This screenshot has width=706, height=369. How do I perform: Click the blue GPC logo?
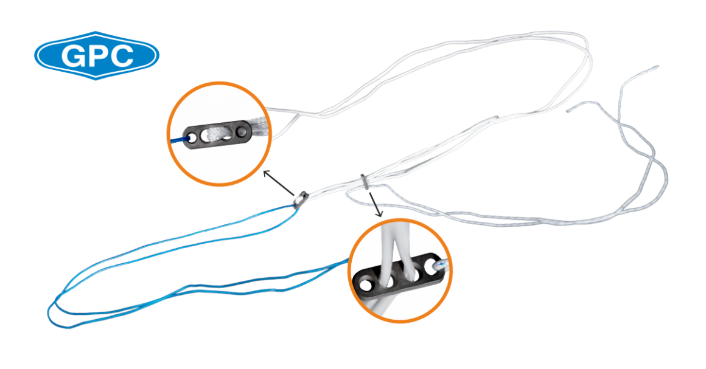click(96, 55)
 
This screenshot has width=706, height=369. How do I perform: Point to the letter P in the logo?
click(98, 56)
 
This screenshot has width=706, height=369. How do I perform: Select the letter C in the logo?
click(123, 56)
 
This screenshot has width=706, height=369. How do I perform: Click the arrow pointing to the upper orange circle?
click(278, 182)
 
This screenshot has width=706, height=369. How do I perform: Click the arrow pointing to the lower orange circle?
click(375, 204)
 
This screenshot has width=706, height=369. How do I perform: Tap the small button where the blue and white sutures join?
click(300, 198)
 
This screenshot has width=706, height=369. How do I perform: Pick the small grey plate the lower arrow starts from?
click(364, 181)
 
